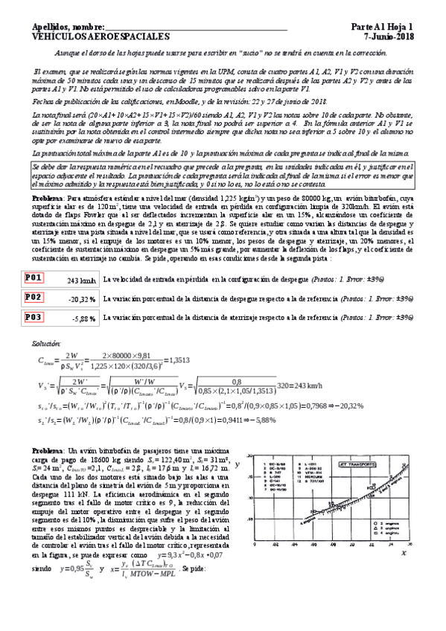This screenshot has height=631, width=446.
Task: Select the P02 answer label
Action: tap(34, 298)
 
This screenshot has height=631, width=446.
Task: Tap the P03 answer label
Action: tap(34, 316)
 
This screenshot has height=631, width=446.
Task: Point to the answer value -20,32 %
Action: tap(81, 299)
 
